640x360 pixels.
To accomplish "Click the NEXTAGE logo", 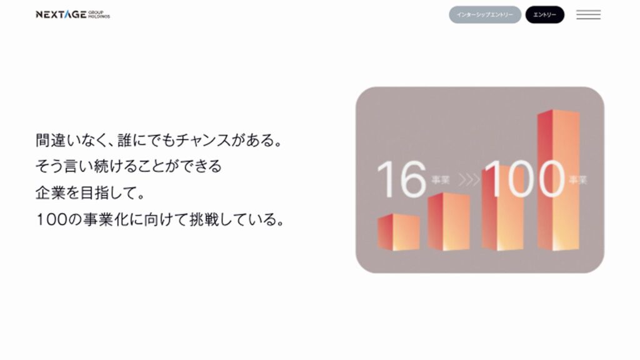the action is (x=72, y=15).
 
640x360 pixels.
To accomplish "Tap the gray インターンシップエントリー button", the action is (x=485, y=15).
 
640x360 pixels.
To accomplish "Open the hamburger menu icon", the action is (x=588, y=15).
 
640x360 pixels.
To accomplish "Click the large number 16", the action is (x=402, y=179).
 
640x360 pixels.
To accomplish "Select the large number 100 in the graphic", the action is (x=524, y=179).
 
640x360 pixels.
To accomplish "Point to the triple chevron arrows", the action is (x=469, y=179).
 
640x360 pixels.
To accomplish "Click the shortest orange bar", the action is (x=398, y=232).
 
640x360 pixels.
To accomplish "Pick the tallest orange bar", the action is (x=558, y=180).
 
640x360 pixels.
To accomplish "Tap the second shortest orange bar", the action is (x=449, y=222).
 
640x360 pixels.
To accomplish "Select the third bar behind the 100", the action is (x=502, y=208).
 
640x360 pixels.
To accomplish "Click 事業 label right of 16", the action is (x=441, y=180).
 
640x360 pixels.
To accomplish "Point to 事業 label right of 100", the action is (x=578, y=180).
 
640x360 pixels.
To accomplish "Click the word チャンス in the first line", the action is (x=203, y=141).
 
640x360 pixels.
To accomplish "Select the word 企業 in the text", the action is (x=50, y=192).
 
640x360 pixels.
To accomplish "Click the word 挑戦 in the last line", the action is (x=204, y=219).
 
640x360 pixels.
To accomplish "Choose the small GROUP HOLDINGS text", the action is (x=99, y=15).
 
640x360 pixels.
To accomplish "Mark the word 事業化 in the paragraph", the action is (x=105, y=219).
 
